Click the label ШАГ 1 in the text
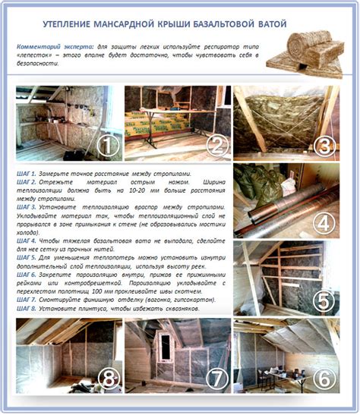[27, 174]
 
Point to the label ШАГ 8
[27, 309]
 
